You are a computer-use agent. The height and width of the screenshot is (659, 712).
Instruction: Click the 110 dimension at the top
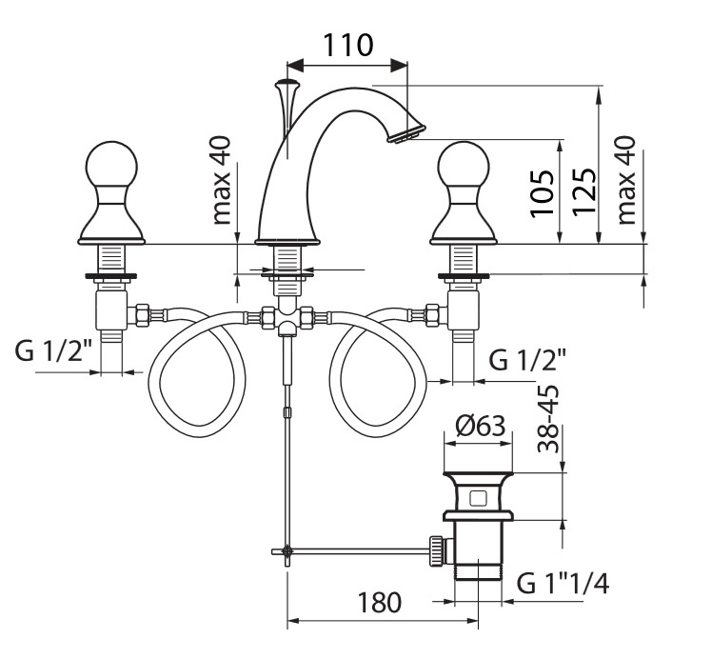347,44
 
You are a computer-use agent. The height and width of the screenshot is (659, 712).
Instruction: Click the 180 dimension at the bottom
380,602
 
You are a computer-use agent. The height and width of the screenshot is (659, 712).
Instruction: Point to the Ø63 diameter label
479,426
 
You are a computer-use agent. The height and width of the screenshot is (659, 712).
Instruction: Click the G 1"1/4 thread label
563,583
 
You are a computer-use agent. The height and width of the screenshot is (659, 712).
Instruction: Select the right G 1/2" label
528,360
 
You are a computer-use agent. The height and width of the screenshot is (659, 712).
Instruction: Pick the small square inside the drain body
479,496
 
